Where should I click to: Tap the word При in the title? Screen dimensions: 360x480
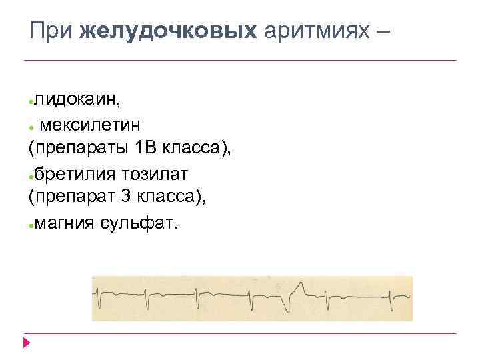pyautogui.click(x=53, y=31)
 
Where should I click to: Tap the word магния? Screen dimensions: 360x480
pyautogui.click(x=64, y=223)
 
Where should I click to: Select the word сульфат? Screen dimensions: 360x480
pyautogui.click(x=139, y=223)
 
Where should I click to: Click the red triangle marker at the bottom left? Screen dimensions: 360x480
pyautogui.click(x=26, y=343)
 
